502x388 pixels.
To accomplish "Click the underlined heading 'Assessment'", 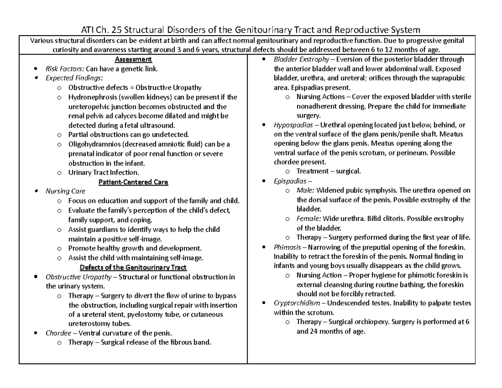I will coord(133,59).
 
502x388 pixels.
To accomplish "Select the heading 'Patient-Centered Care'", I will coord(133,182).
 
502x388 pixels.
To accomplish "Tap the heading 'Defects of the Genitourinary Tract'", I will coord(133,267).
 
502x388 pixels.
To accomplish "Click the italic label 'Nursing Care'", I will coord(65,191).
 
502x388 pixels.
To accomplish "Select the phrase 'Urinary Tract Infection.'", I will coord(103,172).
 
